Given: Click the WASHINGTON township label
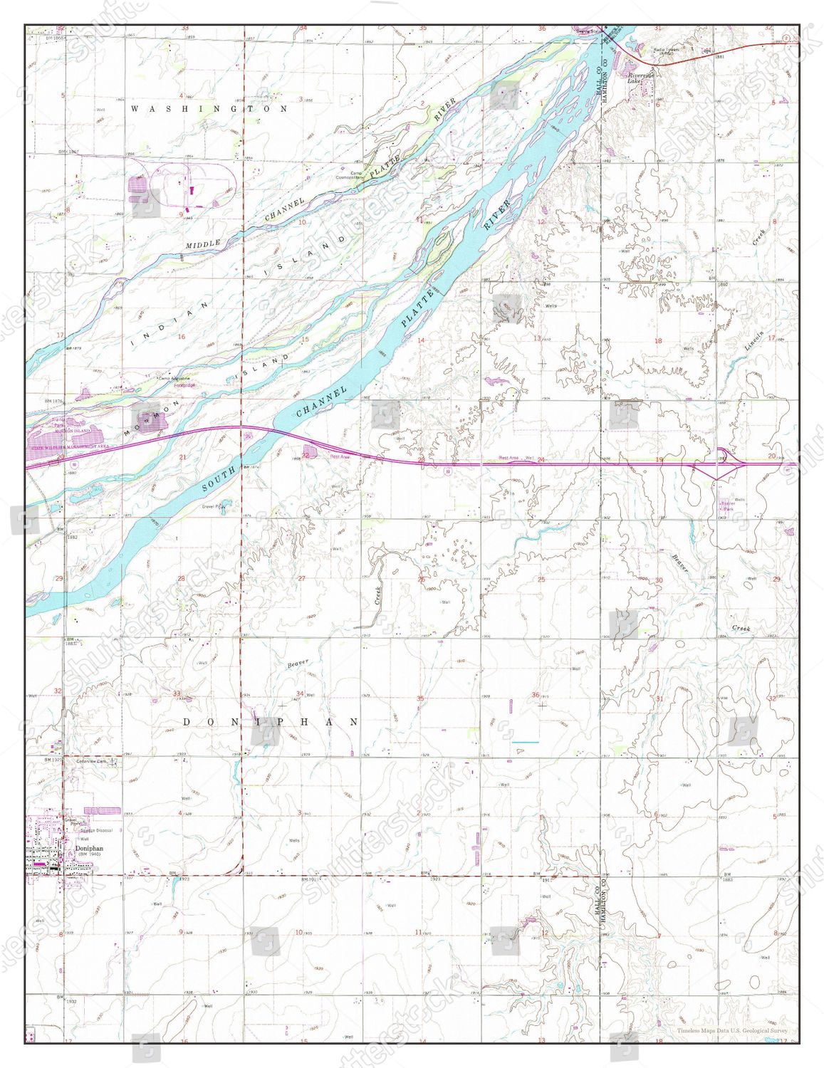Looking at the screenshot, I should pos(209,109).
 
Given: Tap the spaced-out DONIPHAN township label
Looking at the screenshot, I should pos(271,721).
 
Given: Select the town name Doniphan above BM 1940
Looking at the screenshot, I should pos(89,849).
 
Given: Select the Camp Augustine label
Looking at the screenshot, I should pos(175,378).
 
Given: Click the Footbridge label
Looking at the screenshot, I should pos(182,384).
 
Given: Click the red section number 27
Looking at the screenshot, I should pos(301,578).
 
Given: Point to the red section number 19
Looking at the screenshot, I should pos(659,460).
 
